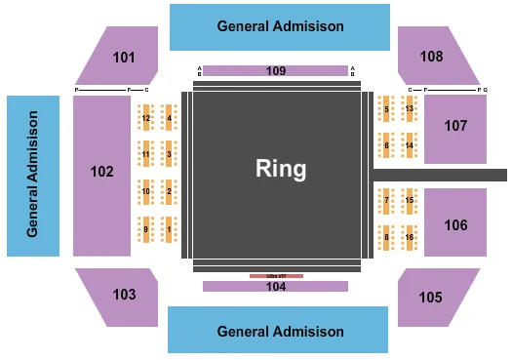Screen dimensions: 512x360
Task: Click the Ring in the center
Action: pyautogui.click(x=280, y=169)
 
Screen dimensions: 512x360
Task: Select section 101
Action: pyautogui.click(x=124, y=57)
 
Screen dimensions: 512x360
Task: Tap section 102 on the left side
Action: pyautogui.click(x=102, y=173)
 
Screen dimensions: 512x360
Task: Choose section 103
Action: pyautogui.click(x=124, y=294)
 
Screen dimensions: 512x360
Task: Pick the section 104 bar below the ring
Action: pyautogui.click(x=275, y=286)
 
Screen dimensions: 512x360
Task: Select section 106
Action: pyautogui.click(x=455, y=223)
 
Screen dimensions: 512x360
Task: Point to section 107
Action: pyautogui.click(x=455, y=127)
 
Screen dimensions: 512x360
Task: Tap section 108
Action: pyautogui.click(x=431, y=56)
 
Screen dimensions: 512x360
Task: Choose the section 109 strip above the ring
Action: pyautogui.click(x=275, y=70)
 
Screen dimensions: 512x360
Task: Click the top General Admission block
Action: pyautogui.click(x=281, y=26)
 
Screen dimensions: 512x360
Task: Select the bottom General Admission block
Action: pyautogui.click(x=281, y=331)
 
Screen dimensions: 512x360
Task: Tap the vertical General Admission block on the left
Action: pyautogui.click(x=33, y=176)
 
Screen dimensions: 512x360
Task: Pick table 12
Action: pyautogui.click(x=146, y=119)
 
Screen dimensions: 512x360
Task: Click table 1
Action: pyautogui.click(x=170, y=230)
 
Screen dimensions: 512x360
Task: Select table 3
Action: pyautogui.click(x=170, y=154)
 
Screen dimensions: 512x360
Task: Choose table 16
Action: pyautogui.click(x=410, y=237)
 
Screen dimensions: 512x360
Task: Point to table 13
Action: pyautogui.click(x=410, y=108)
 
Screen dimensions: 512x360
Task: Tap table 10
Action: pyautogui.click(x=146, y=192)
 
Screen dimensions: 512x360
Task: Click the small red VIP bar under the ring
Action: pyautogui.click(x=276, y=276)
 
